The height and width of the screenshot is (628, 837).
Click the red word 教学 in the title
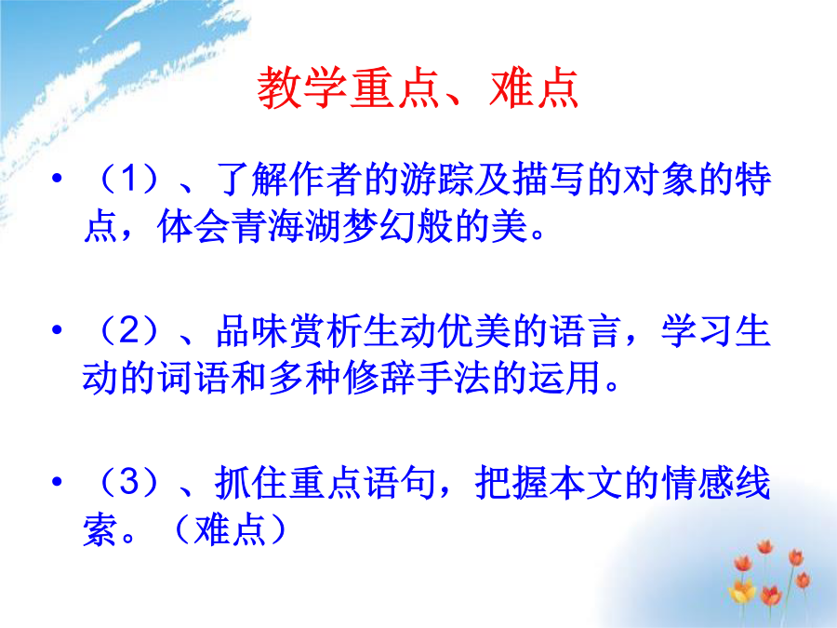click(303, 88)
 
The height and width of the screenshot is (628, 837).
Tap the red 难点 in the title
click(534, 88)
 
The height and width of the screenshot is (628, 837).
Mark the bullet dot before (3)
click(57, 481)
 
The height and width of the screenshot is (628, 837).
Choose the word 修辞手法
click(417, 378)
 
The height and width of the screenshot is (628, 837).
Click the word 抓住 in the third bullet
click(251, 482)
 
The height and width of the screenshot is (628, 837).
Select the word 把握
click(511, 482)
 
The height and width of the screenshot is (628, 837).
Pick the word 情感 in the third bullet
click(697, 482)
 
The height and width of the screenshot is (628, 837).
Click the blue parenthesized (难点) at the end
click(230, 529)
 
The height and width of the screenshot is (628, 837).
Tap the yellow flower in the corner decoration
click(742, 592)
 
